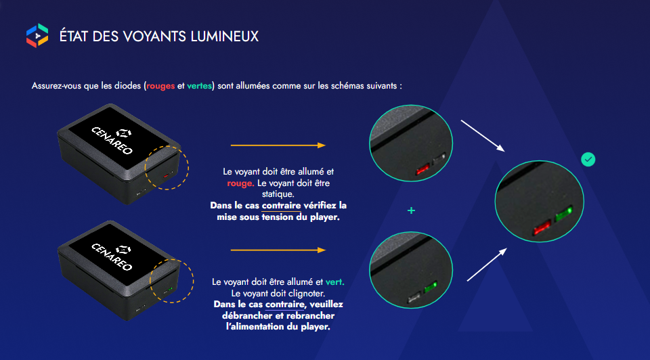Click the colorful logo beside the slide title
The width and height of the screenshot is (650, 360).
(x=37, y=35)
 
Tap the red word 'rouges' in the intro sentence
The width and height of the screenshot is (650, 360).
(x=160, y=87)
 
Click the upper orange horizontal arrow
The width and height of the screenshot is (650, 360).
(x=278, y=145)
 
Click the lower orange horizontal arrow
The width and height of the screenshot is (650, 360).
(x=278, y=250)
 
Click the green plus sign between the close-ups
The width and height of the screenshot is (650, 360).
(x=411, y=210)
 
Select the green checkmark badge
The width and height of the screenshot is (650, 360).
(x=589, y=160)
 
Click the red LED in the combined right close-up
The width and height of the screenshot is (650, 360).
(x=542, y=227)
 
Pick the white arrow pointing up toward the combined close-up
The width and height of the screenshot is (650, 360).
(x=486, y=263)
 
